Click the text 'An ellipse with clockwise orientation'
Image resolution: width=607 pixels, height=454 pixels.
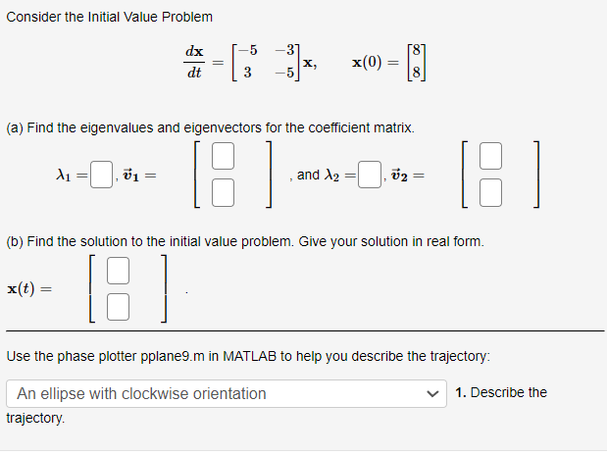pyautogui.click(x=141, y=394)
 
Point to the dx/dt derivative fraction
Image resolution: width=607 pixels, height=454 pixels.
pyautogui.click(x=194, y=61)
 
